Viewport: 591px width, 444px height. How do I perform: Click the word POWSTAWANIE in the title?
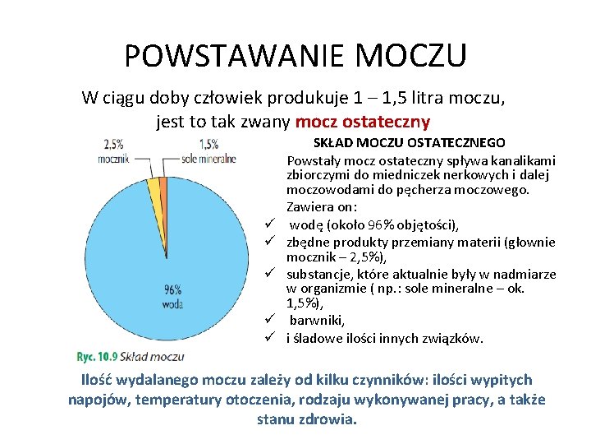point(229,56)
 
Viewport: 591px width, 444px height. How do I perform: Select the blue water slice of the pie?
point(148,263)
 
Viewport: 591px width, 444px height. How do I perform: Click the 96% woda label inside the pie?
point(172,295)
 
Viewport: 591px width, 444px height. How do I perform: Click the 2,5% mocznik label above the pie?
point(114,151)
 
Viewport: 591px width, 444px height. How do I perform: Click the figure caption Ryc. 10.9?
point(98,357)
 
